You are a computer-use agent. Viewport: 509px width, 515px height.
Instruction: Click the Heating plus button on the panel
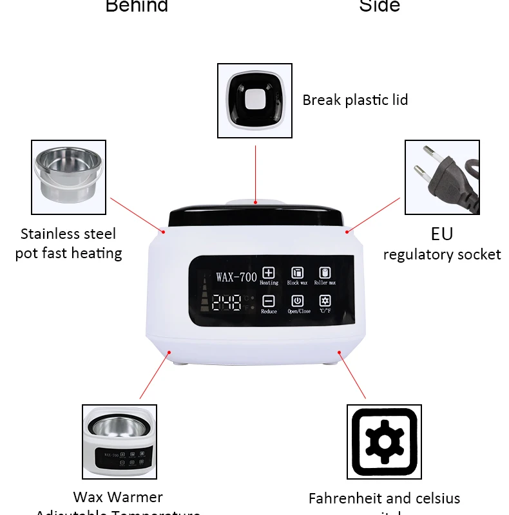268,272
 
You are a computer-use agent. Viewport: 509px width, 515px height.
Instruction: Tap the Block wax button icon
297,272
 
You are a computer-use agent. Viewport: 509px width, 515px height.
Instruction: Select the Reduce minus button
268,301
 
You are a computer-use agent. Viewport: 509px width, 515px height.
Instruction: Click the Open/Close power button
298,301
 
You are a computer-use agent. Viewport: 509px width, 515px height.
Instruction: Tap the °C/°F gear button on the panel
325,301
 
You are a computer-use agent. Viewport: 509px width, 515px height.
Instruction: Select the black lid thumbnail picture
254,100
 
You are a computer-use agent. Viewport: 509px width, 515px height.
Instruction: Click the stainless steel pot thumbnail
68,177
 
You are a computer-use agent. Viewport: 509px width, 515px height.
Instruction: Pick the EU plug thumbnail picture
442,177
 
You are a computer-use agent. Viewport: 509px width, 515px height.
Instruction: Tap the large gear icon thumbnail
384,442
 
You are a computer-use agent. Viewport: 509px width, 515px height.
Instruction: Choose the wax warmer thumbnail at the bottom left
119,442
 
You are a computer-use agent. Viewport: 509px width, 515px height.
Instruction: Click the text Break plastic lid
355,100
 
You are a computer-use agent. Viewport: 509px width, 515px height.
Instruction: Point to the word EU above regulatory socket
442,233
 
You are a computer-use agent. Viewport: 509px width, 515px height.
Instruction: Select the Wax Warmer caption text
118,497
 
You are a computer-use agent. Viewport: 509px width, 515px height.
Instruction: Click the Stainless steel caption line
68,233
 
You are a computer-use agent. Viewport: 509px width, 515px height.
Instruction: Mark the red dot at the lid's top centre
255,202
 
